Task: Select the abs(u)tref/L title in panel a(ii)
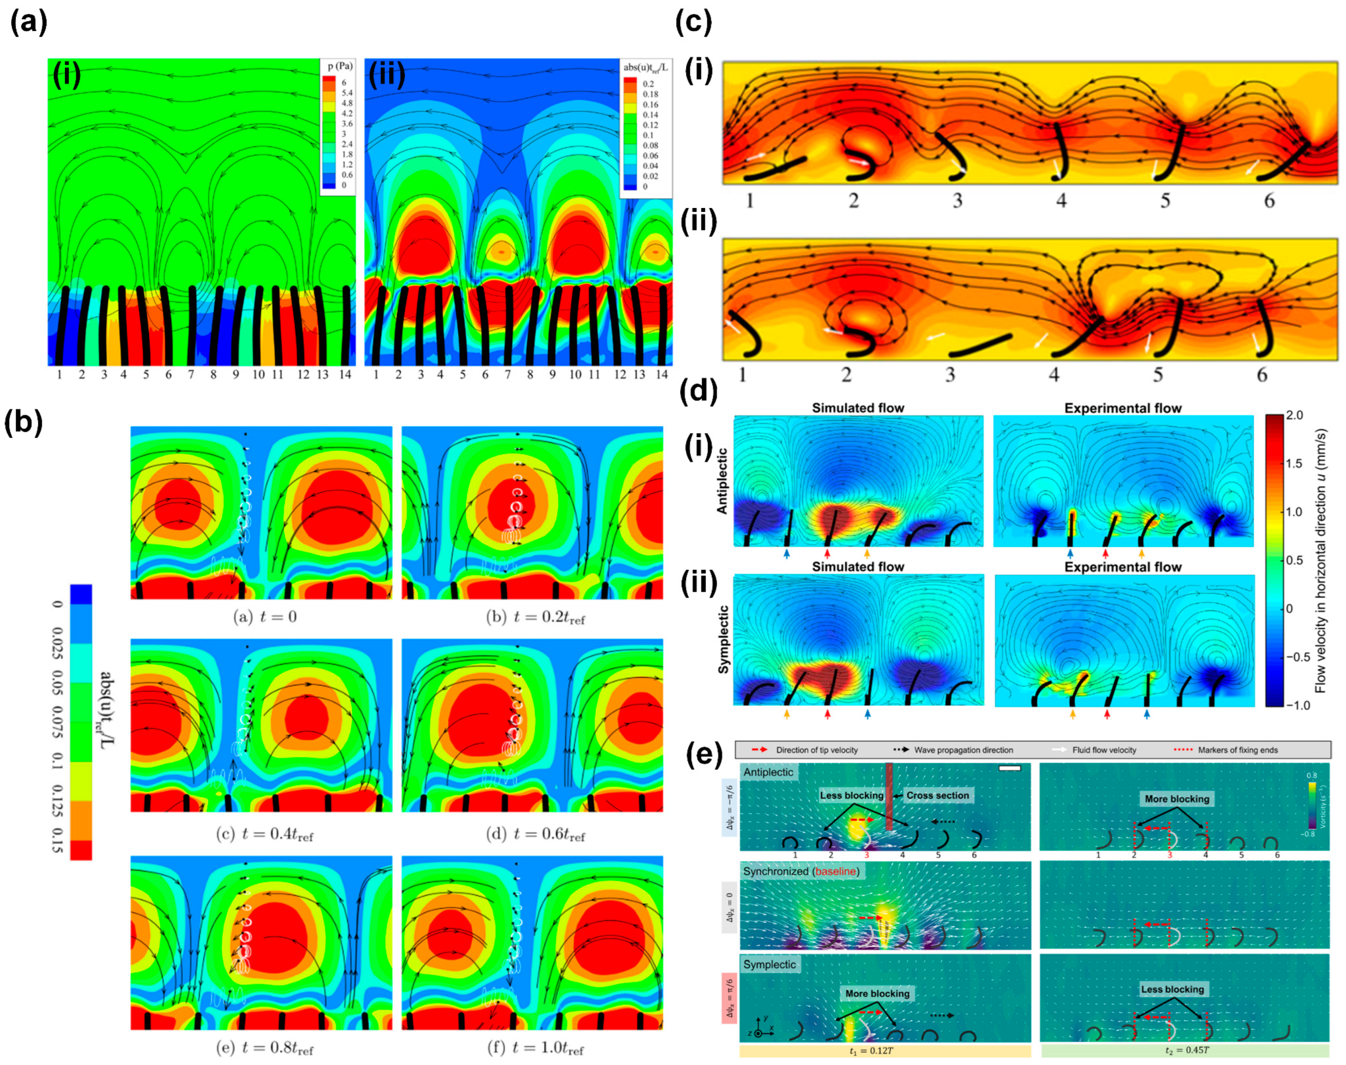click(x=645, y=67)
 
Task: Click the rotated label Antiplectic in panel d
click(x=722, y=481)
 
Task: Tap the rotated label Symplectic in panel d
click(x=723, y=639)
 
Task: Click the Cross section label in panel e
click(x=937, y=795)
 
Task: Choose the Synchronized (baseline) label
click(x=801, y=871)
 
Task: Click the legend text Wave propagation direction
click(x=963, y=750)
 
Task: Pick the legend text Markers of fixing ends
click(x=1237, y=750)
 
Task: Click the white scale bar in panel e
click(x=1009, y=768)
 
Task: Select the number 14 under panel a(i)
click(x=345, y=374)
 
